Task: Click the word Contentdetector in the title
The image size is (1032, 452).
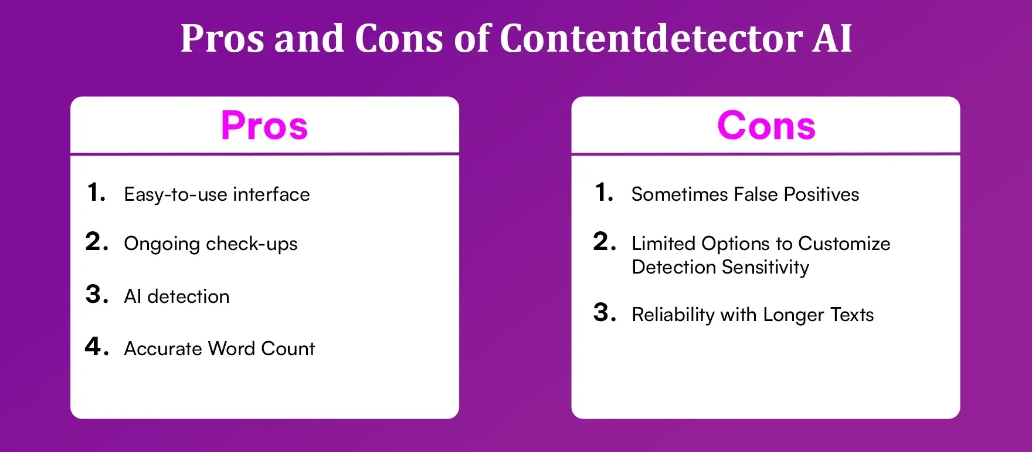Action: pyautogui.click(x=650, y=39)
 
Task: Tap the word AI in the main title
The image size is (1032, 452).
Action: pyautogui.click(x=831, y=39)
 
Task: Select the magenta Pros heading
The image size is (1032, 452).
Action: pyautogui.click(x=264, y=126)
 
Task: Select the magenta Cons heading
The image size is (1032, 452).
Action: pyautogui.click(x=766, y=126)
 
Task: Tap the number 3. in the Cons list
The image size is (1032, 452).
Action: pyautogui.click(x=605, y=313)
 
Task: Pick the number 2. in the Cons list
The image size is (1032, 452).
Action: pyautogui.click(x=605, y=242)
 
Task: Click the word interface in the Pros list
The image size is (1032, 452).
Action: pyautogui.click(x=271, y=194)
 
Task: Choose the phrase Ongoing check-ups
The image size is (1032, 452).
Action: pyautogui.click(x=211, y=244)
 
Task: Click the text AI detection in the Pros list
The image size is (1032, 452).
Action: pyautogui.click(x=176, y=296)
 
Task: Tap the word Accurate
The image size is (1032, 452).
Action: pyautogui.click(x=163, y=349)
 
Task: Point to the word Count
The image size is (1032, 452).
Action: pyautogui.click(x=288, y=349)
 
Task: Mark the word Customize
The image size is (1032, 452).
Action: pyautogui.click(x=844, y=244)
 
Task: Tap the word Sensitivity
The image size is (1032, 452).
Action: pyautogui.click(x=765, y=268)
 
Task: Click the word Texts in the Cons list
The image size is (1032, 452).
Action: pyautogui.click(x=852, y=315)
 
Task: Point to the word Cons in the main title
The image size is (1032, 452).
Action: pyautogui.click(x=399, y=39)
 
